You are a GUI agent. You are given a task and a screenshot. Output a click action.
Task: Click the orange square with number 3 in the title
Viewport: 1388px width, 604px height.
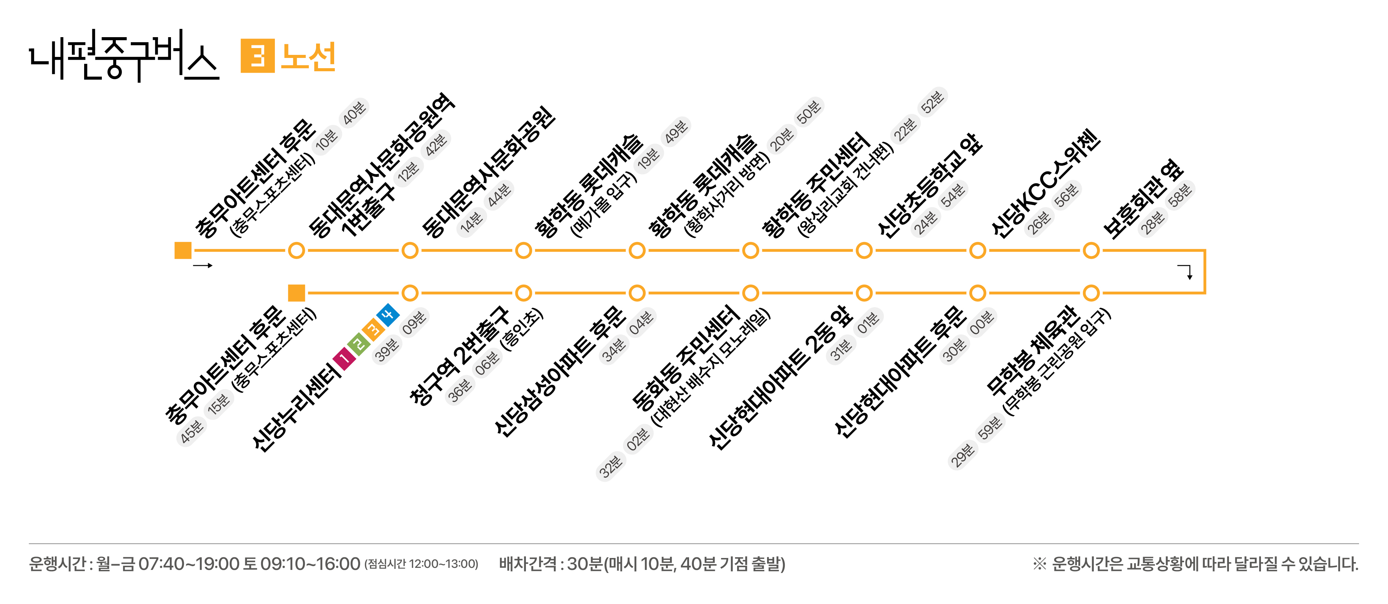[258, 56]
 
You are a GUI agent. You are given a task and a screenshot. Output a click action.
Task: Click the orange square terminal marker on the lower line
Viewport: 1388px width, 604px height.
[296, 293]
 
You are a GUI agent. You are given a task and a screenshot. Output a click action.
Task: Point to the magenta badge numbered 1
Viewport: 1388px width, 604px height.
[345, 359]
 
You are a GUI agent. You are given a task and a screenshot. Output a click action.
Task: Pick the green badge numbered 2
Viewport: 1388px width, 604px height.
[359, 344]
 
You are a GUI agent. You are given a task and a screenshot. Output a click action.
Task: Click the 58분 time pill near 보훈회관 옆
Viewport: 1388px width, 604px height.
[1180, 195]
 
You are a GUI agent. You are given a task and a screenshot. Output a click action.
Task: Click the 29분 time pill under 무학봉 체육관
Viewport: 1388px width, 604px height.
[962, 455]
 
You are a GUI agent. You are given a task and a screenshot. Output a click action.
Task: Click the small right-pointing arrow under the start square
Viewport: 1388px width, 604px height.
[203, 265]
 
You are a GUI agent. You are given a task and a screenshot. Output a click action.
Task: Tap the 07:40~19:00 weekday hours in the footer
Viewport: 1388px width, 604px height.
[189, 564]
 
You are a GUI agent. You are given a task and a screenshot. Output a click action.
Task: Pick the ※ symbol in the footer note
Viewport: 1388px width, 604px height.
[1040, 564]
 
